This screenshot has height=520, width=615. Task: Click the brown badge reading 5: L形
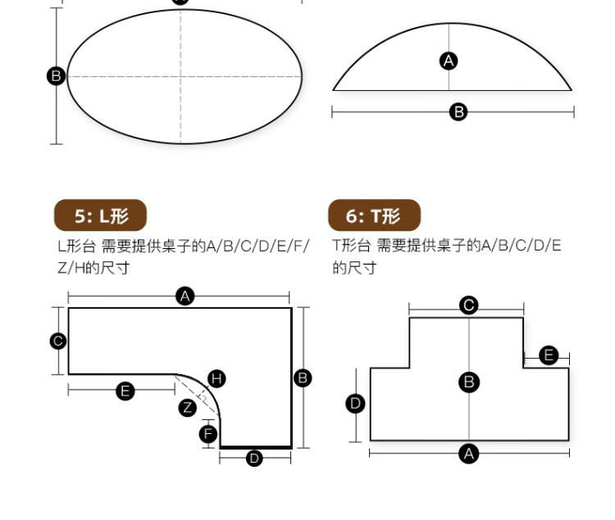click(100, 215)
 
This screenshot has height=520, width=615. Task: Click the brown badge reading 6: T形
click(374, 215)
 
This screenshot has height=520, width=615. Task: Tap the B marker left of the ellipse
click(56, 76)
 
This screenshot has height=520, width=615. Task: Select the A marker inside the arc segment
click(449, 61)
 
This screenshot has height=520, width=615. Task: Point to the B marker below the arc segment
click(458, 112)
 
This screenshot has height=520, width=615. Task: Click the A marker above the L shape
click(185, 296)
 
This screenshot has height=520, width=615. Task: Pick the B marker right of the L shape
click(303, 378)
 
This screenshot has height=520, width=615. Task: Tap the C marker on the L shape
click(58, 341)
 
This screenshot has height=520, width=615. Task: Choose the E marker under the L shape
click(125, 391)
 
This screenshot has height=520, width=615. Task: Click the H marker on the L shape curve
click(216, 378)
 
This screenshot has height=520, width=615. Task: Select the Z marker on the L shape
click(188, 407)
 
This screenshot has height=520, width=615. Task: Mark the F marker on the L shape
click(208, 433)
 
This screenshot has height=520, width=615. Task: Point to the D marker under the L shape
click(254, 458)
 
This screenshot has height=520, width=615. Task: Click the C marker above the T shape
click(468, 305)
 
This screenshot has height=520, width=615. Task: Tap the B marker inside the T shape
click(469, 382)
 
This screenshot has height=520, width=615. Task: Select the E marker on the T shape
click(549, 355)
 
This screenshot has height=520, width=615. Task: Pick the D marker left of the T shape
click(356, 403)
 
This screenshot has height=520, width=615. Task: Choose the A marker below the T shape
click(468, 453)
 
